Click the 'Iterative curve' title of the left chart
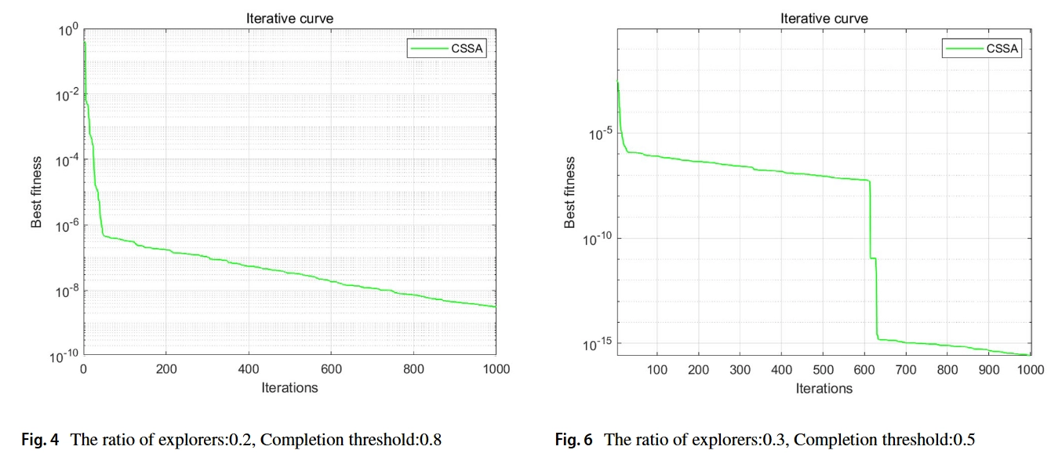point(289,19)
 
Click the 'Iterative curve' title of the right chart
point(824,19)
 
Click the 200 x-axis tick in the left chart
point(165,369)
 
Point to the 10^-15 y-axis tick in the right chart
point(597,344)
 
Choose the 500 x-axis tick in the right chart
point(823,370)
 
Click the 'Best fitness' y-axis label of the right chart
point(571,192)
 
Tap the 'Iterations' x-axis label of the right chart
point(824,388)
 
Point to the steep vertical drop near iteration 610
point(870,220)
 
